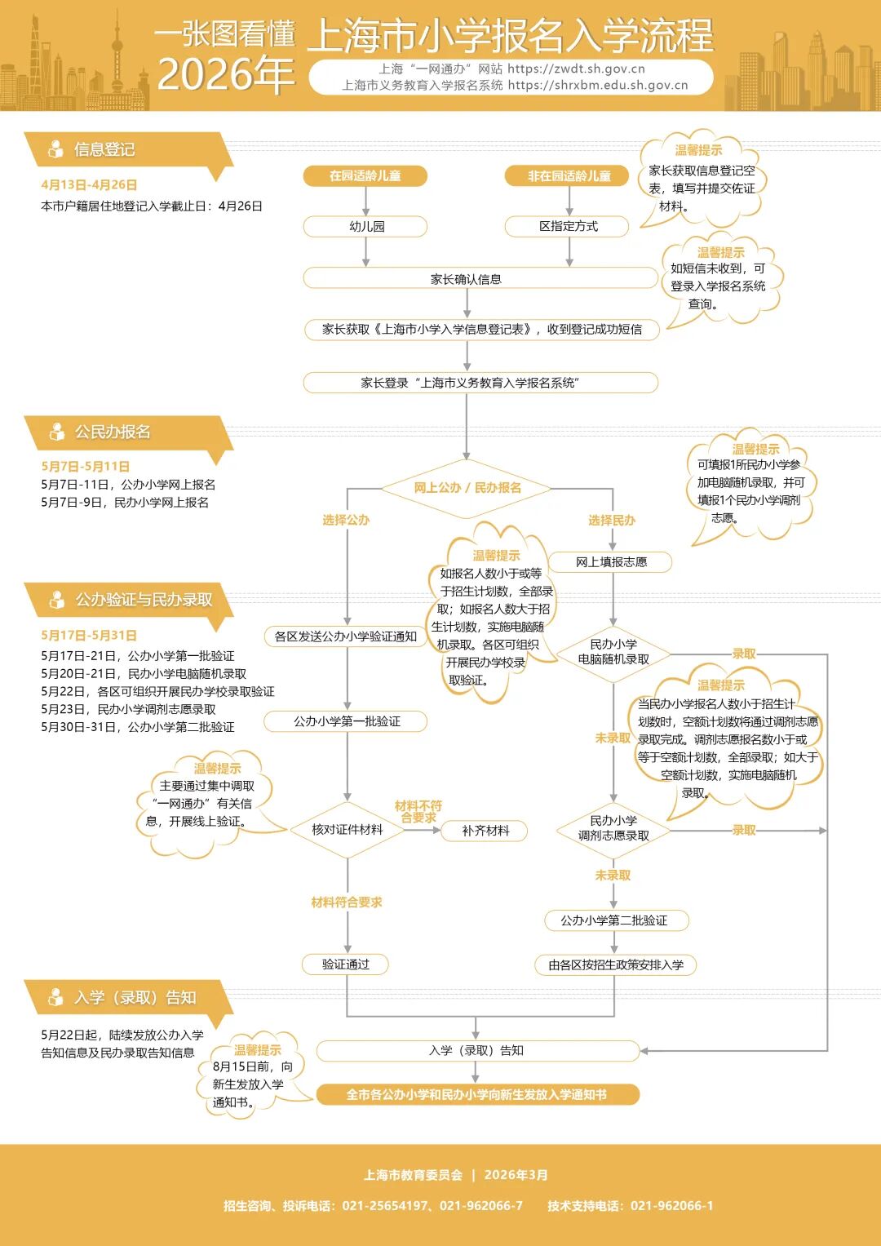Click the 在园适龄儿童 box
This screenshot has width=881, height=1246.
365,175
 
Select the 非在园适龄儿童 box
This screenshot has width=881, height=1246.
569,175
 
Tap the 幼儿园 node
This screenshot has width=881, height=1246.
365,226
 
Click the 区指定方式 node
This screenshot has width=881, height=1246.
568,226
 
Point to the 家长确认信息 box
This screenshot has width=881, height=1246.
466,279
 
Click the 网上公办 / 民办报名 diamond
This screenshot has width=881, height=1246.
467,488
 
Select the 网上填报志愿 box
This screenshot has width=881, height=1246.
611,561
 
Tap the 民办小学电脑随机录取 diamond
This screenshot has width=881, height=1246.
613,652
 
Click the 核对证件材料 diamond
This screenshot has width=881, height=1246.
347,830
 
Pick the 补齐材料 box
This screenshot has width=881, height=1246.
485,831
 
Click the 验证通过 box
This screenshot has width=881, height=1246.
345,964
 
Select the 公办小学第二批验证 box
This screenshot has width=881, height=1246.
613,920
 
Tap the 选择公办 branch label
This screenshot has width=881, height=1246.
346,520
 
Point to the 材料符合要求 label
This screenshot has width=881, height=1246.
347,902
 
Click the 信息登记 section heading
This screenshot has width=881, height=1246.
104,149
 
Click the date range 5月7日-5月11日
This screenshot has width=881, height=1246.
86,467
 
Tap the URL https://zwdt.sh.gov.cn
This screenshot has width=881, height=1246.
576,69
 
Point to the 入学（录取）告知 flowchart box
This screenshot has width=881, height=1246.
476,1051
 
